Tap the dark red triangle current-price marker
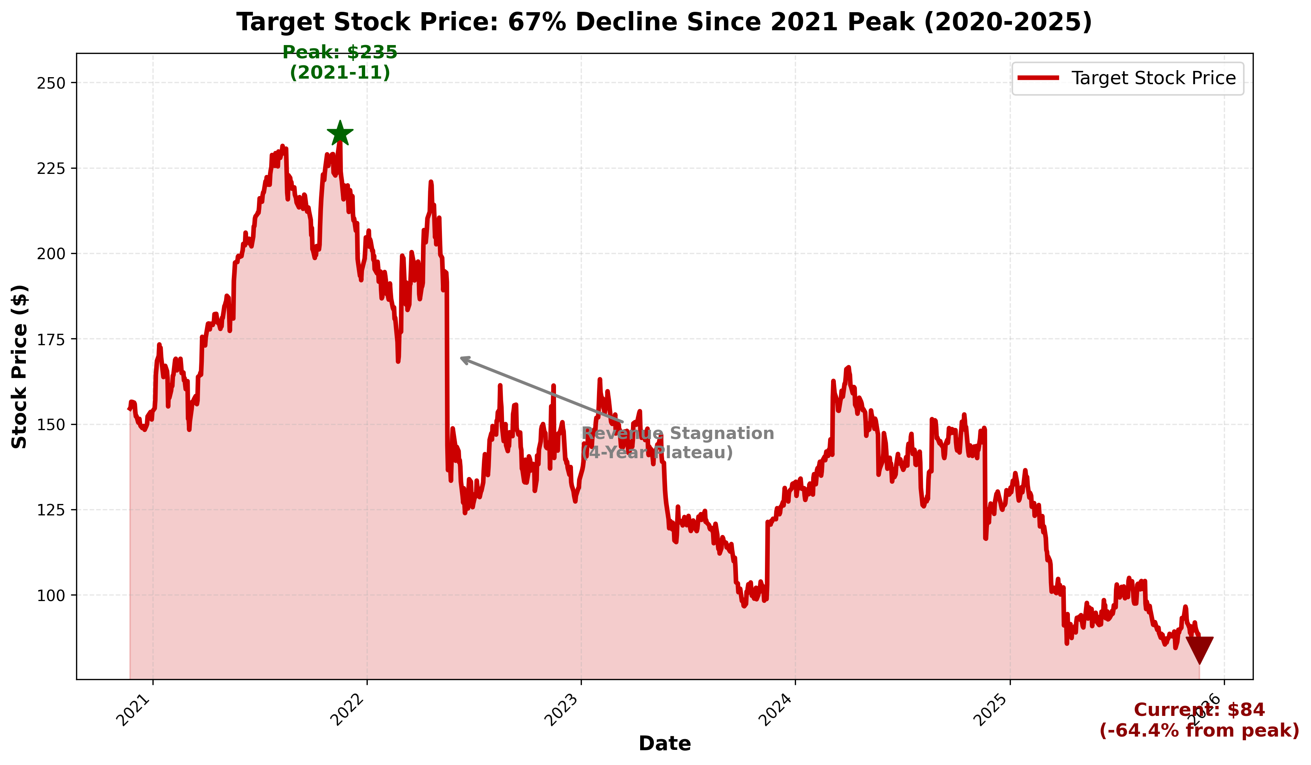pos(1199,648)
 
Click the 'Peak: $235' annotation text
pos(340,52)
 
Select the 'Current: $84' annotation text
pos(1199,710)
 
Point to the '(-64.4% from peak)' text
pos(1199,731)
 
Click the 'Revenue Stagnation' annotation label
pos(677,433)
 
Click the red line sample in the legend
pos(1038,78)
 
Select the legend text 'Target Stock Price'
pos(1153,78)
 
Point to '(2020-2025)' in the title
pos(1007,23)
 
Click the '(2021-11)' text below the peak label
pos(340,73)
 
